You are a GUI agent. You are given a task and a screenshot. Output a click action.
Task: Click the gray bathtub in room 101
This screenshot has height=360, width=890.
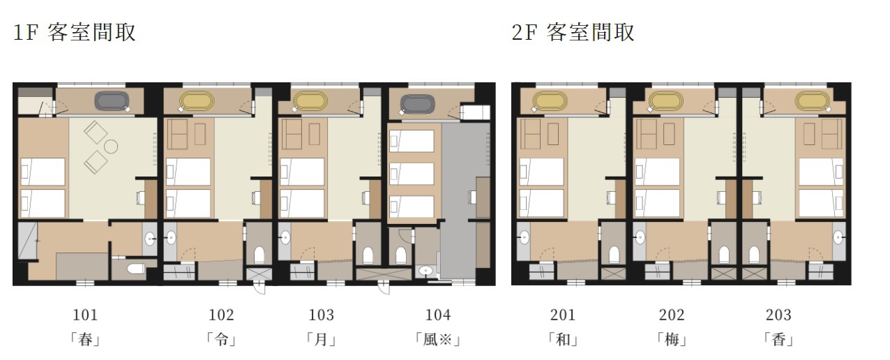click(x=112, y=101)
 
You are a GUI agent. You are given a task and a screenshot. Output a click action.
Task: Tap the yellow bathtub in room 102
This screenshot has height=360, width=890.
click(x=197, y=101)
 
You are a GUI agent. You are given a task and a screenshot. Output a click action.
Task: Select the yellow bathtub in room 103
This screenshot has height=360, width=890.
click(x=310, y=101)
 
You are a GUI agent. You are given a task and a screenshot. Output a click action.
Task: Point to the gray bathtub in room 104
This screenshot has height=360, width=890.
click(x=418, y=104)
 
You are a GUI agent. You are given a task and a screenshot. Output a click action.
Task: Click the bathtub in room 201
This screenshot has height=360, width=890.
click(x=550, y=101)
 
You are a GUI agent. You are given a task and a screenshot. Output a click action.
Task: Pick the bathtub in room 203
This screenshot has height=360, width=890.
click(x=813, y=101)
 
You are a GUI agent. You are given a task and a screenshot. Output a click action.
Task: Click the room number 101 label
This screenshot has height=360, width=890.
click(x=85, y=315)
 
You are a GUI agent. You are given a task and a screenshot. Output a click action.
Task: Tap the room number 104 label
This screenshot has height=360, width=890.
click(x=438, y=315)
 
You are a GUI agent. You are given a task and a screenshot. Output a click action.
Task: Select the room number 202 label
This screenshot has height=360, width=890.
click(x=672, y=315)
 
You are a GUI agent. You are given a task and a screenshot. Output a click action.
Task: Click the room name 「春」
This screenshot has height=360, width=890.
click(x=85, y=340)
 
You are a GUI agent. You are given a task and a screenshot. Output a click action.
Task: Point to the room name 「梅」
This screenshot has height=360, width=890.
click(x=672, y=340)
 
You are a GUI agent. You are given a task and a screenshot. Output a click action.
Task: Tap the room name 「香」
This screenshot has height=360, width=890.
click(x=778, y=340)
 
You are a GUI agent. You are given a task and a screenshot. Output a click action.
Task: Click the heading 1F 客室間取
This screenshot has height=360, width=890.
click(x=75, y=33)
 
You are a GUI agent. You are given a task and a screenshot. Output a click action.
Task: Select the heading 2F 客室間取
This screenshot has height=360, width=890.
click(x=573, y=33)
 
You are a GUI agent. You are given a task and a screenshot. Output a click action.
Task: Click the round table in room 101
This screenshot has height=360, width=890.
click(x=111, y=147)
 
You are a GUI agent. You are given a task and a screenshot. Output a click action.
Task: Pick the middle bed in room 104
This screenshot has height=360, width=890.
click(x=412, y=174)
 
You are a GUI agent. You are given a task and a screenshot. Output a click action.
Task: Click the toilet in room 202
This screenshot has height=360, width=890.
click(x=724, y=255)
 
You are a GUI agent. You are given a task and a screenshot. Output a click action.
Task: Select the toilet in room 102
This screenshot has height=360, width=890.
click(x=259, y=255)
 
